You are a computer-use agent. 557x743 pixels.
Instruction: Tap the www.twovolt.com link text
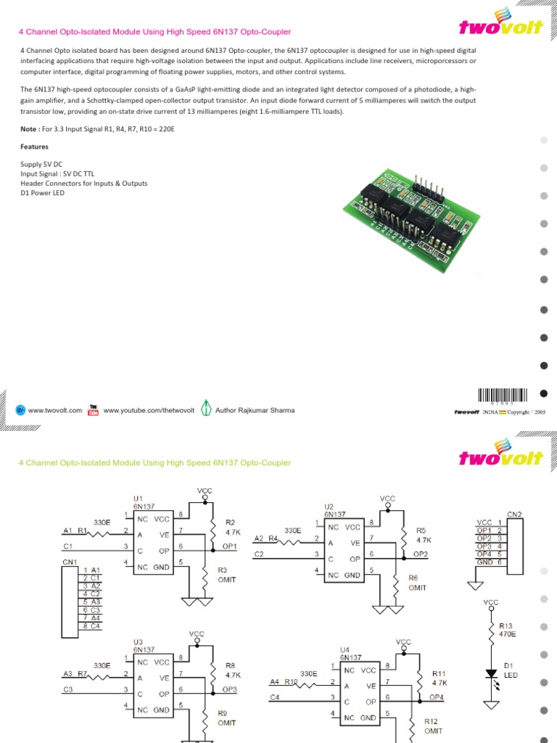click(55, 410)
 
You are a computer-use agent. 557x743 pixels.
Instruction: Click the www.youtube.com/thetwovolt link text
click(149, 410)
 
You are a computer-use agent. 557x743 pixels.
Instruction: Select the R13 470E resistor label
click(508, 629)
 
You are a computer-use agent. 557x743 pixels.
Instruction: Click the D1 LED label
click(510, 670)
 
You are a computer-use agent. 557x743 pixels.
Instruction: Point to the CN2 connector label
click(514, 514)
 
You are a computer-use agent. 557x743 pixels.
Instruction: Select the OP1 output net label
click(229, 546)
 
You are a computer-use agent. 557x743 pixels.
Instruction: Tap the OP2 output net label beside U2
click(421, 554)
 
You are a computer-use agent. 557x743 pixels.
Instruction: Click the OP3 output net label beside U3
click(229, 689)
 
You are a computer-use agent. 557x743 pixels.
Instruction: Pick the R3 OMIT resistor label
click(226, 575)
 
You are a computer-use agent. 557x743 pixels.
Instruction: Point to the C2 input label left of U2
click(259, 554)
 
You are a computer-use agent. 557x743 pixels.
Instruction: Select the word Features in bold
click(34, 147)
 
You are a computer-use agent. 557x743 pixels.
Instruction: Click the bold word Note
click(28, 128)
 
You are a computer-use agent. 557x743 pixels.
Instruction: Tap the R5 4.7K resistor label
click(423, 535)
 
